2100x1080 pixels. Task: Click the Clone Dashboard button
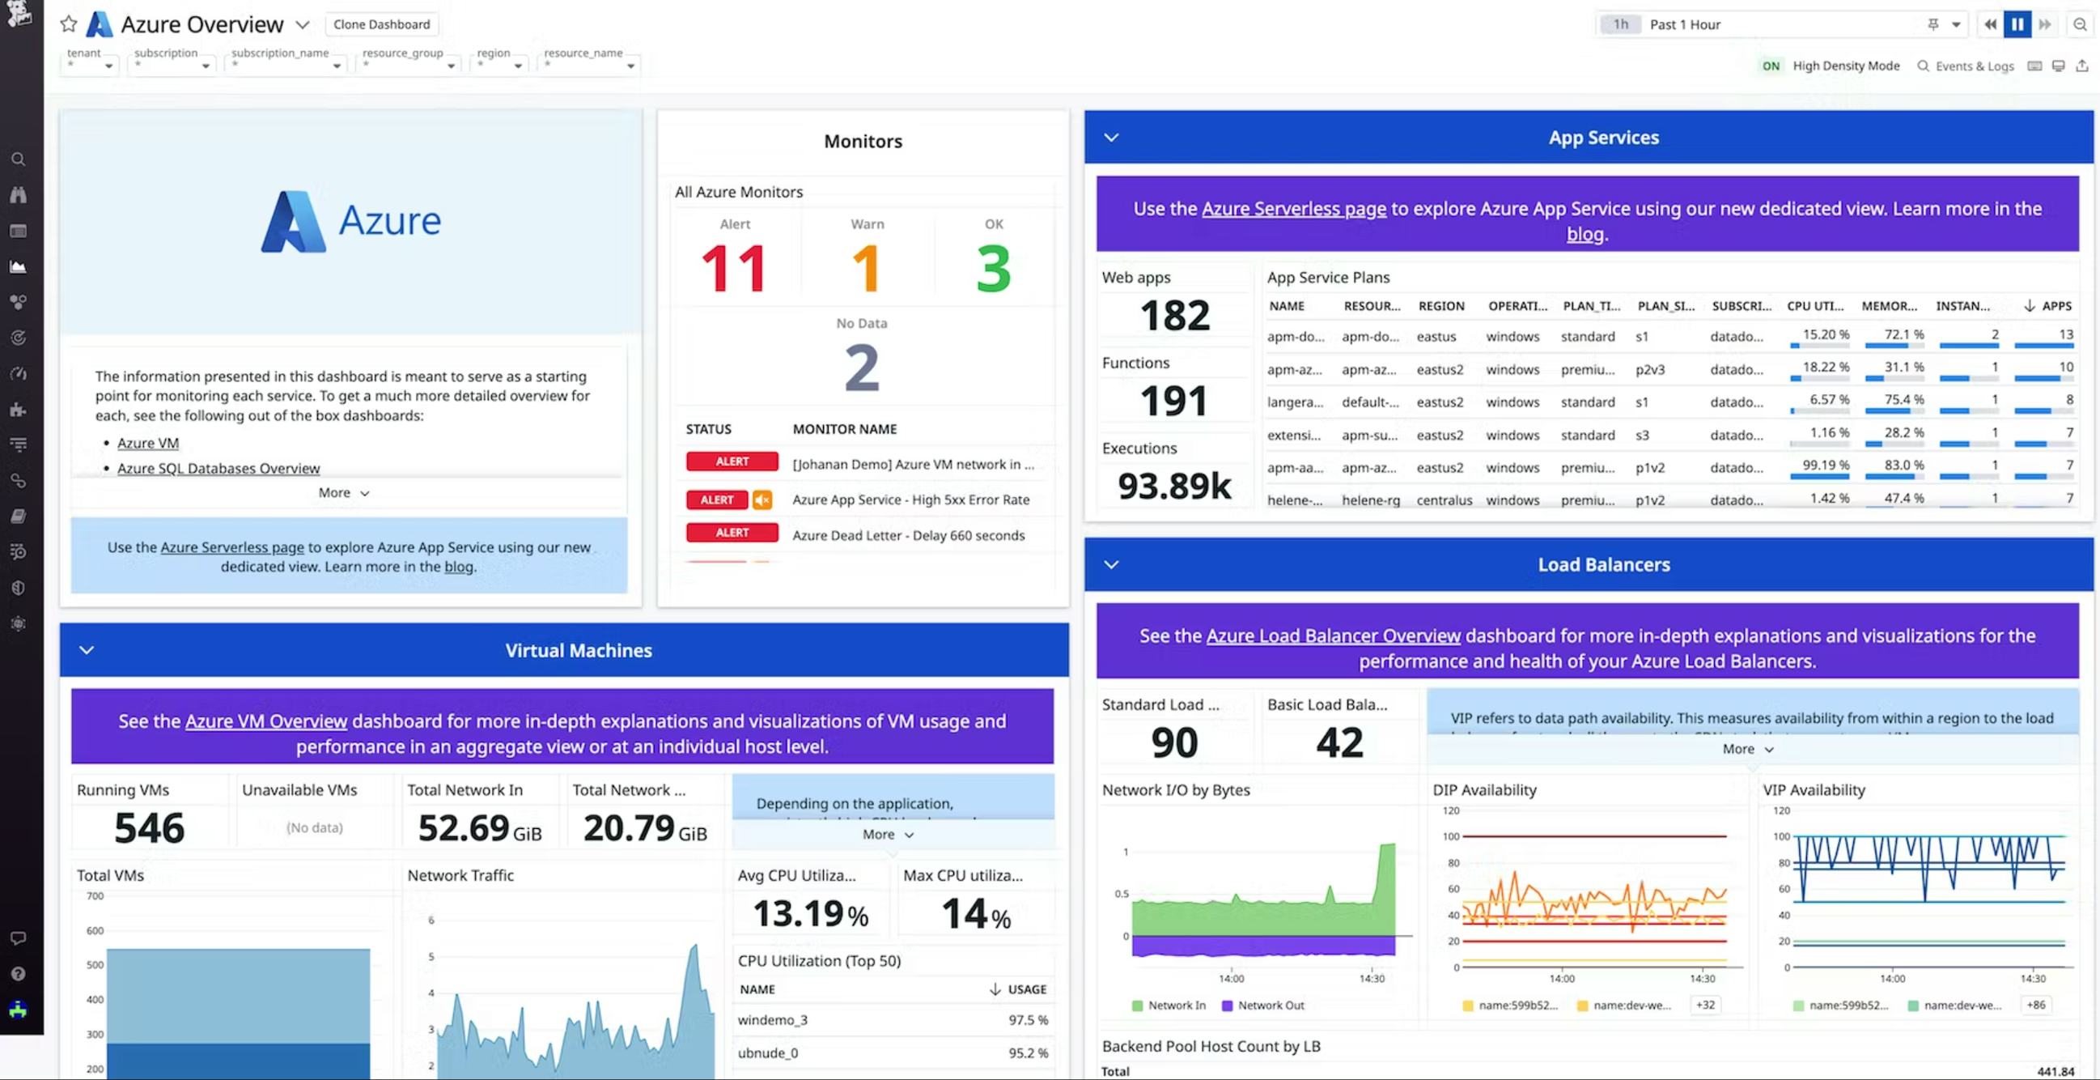click(380, 24)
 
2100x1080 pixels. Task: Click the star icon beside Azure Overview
click(69, 24)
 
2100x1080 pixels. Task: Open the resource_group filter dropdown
click(407, 61)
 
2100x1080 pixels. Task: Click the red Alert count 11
click(734, 268)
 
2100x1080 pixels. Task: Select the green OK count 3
click(993, 268)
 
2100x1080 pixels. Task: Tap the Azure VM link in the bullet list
click(147, 443)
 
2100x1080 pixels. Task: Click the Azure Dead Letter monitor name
click(908, 535)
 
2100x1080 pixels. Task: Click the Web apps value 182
click(1175, 316)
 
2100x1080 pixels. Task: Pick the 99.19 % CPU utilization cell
click(1826, 465)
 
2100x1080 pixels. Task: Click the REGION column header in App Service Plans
click(1440, 306)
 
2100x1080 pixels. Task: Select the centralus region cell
click(1444, 500)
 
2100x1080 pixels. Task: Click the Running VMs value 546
click(149, 828)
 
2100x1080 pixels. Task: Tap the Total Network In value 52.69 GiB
click(479, 828)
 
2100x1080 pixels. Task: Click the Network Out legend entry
click(1269, 1005)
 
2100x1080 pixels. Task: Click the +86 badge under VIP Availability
click(2035, 1005)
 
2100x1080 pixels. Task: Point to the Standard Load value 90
click(1174, 742)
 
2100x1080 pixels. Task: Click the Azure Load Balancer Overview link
click(1333, 636)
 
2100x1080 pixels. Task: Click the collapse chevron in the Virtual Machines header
click(87, 650)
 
